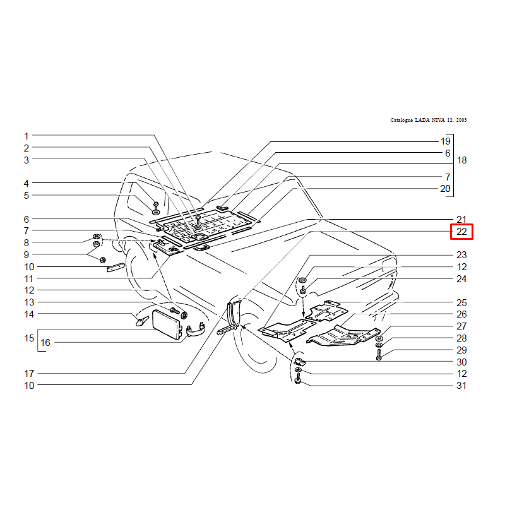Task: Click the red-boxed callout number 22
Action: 461,232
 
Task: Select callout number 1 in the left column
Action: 27,136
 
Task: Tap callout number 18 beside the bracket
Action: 461,160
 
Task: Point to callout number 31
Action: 461,386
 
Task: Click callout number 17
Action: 29,373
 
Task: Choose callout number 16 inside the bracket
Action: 45,342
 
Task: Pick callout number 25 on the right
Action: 461,303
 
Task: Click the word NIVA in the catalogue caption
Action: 438,120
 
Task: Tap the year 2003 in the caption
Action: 461,120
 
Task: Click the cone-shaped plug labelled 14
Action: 141,321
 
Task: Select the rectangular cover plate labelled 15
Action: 166,324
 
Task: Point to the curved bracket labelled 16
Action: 196,330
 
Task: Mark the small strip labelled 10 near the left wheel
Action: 116,267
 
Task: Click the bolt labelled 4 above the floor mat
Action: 156,205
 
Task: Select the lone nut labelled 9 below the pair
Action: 103,259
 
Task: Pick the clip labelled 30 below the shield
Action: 299,361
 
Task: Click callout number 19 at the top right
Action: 446,141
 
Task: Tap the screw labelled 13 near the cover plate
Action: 174,311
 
